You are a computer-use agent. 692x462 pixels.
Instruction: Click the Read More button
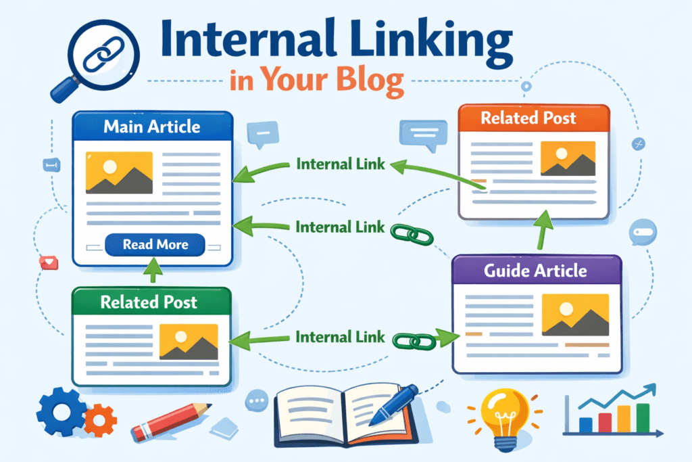[155, 245]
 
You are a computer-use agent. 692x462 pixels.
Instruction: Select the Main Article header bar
[153, 126]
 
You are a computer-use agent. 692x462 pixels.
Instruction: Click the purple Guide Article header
[537, 270]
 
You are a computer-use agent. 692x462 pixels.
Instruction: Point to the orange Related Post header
[534, 118]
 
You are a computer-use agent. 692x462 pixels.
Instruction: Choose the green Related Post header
[151, 302]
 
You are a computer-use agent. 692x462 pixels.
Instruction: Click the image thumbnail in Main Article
[119, 172]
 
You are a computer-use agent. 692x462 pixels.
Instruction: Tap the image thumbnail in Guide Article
[575, 315]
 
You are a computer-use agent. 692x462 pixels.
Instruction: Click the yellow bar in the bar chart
[624, 419]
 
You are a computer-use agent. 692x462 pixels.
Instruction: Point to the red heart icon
[49, 263]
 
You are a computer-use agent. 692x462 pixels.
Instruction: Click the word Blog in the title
[370, 80]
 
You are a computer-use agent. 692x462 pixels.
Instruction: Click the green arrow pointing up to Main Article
[153, 269]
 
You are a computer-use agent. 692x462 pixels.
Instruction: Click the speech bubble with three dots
[257, 401]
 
